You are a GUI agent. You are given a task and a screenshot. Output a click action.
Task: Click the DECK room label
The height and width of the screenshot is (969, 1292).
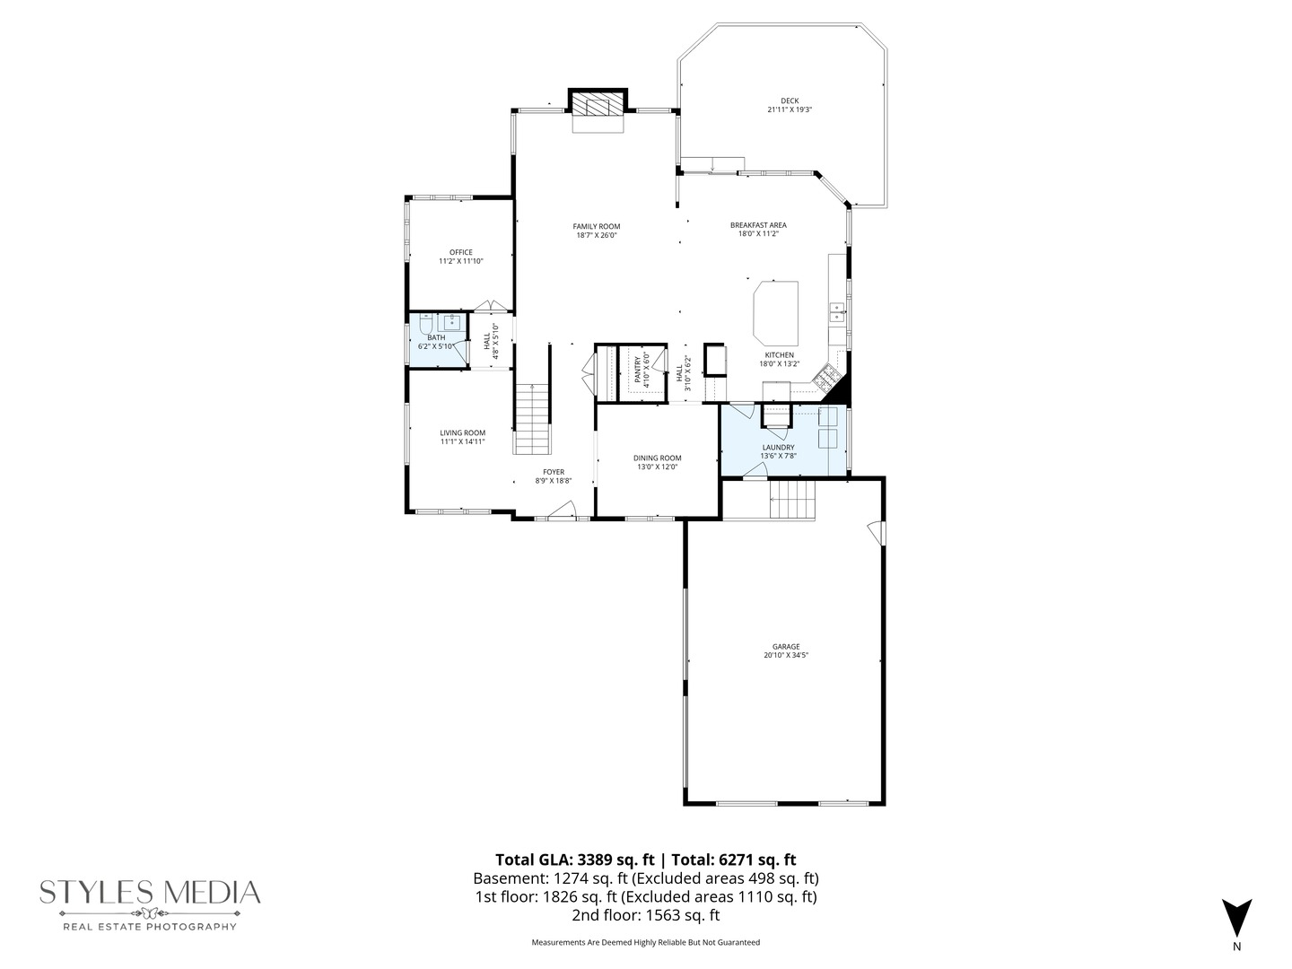point(789,100)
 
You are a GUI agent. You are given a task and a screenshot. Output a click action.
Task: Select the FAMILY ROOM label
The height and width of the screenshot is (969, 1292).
point(597,226)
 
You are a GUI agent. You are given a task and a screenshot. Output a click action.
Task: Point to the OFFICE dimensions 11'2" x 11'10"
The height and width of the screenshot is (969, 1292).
point(460,261)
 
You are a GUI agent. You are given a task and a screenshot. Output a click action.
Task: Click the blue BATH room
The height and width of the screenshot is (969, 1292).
point(437,341)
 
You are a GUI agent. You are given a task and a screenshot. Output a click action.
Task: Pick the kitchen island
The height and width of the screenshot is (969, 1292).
point(776,312)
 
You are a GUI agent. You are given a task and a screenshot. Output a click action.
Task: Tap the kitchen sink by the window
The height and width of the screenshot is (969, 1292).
point(837,312)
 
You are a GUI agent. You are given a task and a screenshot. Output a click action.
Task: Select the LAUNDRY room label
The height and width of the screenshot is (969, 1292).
point(778,447)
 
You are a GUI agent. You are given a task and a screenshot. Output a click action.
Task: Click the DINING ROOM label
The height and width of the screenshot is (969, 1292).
point(657,458)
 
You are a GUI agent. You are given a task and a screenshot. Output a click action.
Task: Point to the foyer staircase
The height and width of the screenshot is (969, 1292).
point(531,419)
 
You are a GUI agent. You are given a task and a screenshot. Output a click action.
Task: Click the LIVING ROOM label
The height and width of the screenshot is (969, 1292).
point(462,432)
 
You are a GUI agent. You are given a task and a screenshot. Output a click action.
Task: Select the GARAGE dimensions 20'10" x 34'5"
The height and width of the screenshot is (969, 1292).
point(785,655)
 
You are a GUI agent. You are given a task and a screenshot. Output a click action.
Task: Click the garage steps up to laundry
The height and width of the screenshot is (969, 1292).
point(793,500)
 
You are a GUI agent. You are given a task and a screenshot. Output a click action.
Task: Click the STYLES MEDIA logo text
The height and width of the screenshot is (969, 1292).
point(150,893)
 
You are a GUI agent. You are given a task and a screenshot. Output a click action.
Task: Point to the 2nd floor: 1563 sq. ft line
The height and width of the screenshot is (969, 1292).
point(645,916)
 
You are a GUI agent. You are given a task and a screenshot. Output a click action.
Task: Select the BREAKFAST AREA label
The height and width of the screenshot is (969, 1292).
point(758,225)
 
